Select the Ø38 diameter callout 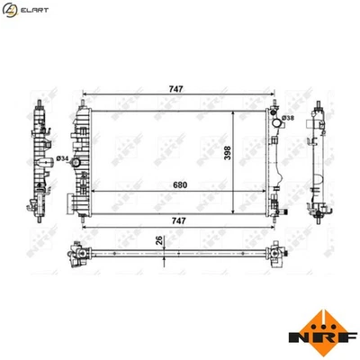[x=288, y=118]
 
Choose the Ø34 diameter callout [x=62, y=159]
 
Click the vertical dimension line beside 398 [x=237, y=153]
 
